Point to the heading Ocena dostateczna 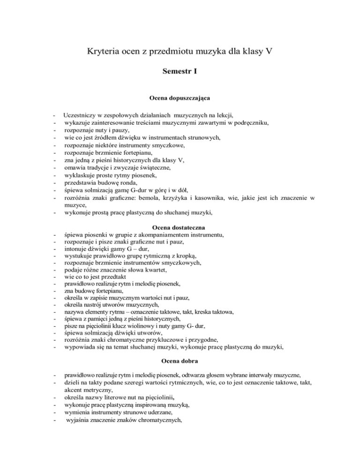tap(180, 227)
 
